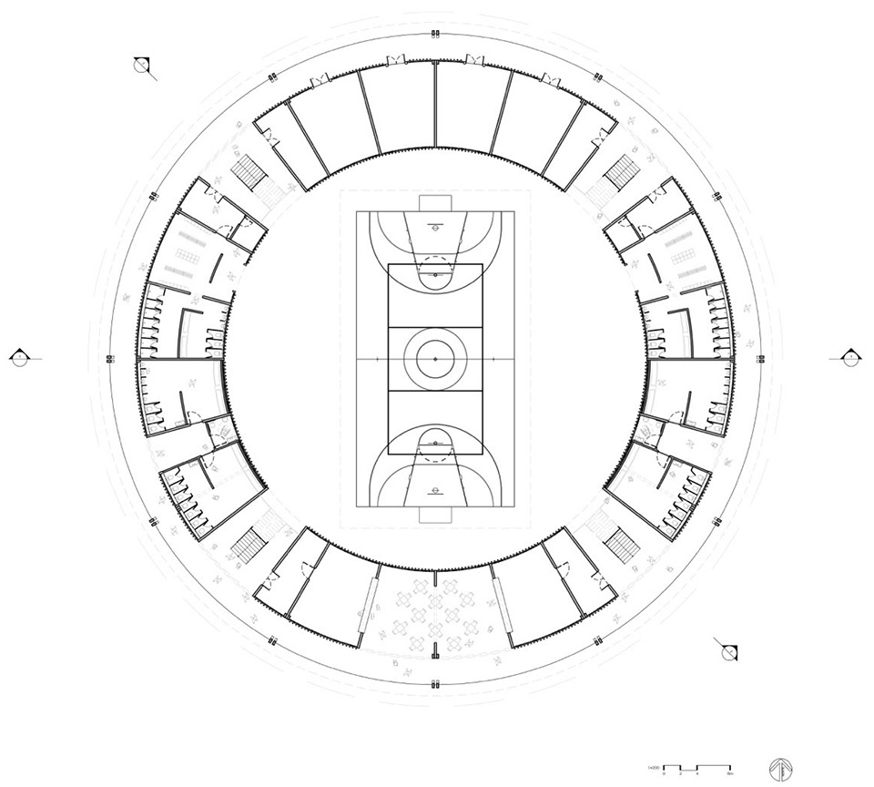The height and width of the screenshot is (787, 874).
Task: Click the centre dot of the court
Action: click(x=435, y=360)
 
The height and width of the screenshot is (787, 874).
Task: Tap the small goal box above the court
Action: click(x=435, y=201)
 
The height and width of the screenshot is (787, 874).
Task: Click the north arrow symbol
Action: click(x=780, y=766)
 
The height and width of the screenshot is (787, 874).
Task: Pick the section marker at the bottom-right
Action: click(x=729, y=652)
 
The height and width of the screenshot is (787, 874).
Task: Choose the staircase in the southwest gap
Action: click(x=249, y=545)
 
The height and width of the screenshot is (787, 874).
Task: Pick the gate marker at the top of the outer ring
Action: click(x=435, y=35)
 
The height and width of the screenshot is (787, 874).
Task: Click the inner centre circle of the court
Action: click(x=435, y=360)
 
